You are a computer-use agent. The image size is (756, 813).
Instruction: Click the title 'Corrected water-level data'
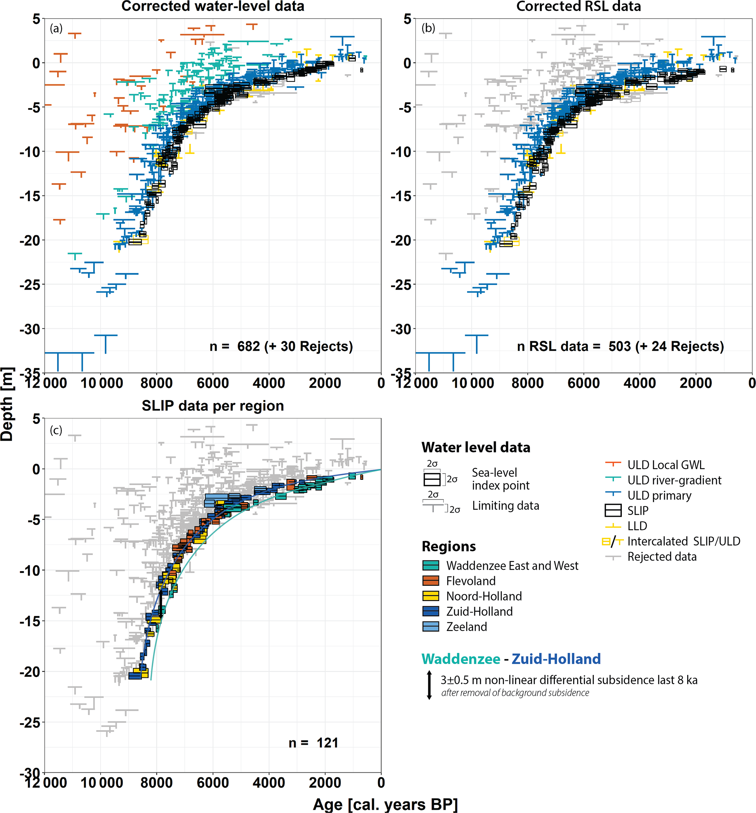coord(213,6)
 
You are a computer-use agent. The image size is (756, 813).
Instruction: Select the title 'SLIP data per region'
coord(213,406)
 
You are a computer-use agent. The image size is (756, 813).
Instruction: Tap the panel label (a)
coord(56,28)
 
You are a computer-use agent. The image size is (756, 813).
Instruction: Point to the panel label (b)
coord(428,28)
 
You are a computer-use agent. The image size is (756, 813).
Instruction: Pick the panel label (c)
coord(56,430)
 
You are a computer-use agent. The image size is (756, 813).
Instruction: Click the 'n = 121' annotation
coord(313,743)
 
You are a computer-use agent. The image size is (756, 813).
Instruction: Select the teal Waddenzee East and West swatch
coord(430,565)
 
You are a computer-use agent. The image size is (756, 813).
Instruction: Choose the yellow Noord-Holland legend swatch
coord(430,596)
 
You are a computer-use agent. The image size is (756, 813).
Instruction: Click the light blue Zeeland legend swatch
coord(430,627)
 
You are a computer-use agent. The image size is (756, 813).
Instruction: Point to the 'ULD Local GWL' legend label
coord(666,465)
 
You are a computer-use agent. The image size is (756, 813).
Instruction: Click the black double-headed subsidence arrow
coord(429,685)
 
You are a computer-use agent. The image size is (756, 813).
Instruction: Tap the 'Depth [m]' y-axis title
coord(7,404)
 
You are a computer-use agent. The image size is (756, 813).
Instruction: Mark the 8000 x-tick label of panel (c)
coord(156,782)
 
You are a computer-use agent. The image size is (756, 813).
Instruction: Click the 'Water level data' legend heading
coord(475,447)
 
